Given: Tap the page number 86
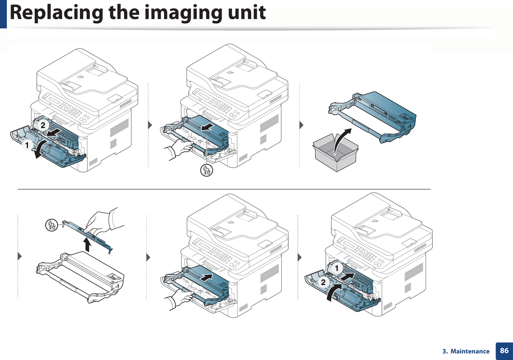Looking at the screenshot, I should pyautogui.click(x=504, y=351).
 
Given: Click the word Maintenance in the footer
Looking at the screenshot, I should pyautogui.click(x=470, y=352).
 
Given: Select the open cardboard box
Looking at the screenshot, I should pyautogui.click(x=335, y=153).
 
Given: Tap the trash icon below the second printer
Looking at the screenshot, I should pyautogui.click(x=206, y=170).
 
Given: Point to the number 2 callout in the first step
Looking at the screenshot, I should pyautogui.click(x=43, y=125).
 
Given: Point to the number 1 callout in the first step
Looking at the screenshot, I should pyautogui.click(x=27, y=145).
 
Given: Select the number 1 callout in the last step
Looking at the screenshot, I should pyautogui.click(x=337, y=268).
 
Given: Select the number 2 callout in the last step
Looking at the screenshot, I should pyautogui.click(x=323, y=282).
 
